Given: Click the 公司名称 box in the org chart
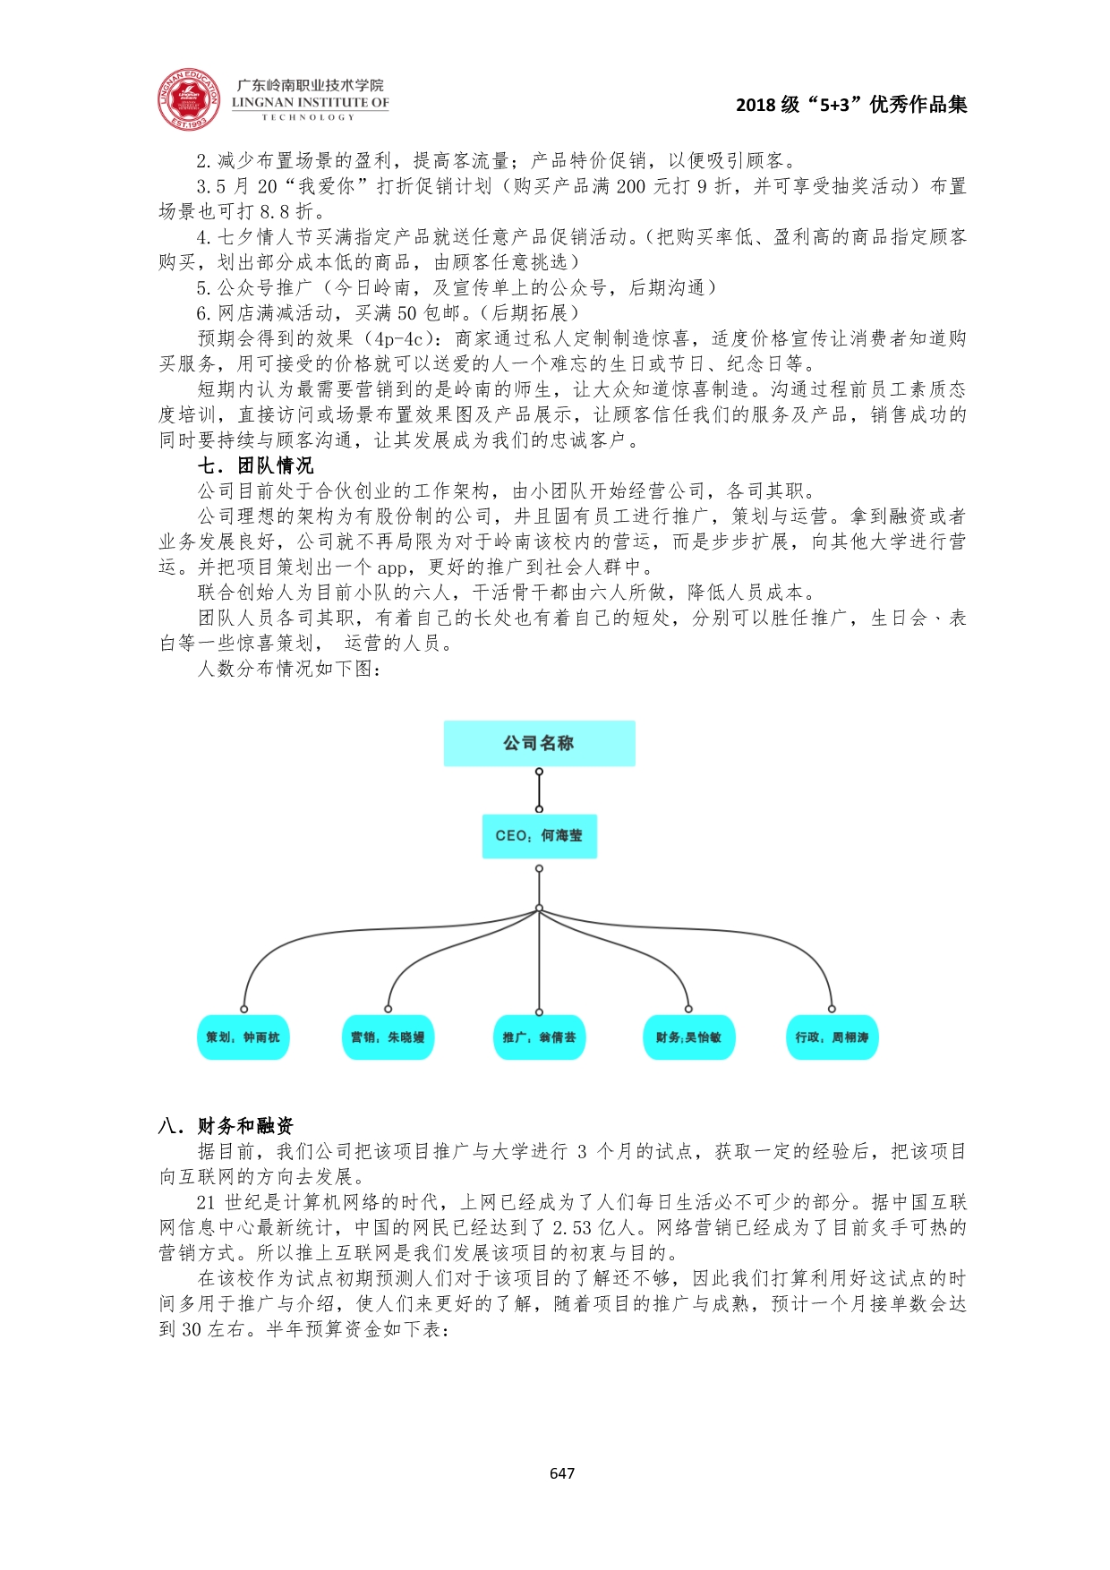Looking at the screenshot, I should (x=539, y=743).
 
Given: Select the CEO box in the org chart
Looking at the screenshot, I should (x=539, y=836).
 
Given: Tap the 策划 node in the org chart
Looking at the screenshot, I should (x=243, y=1037).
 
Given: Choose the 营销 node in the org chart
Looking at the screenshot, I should (x=388, y=1037).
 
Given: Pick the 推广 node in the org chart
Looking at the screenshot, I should (x=539, y=1037).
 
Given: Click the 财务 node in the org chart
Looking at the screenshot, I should (x=688, y=1037).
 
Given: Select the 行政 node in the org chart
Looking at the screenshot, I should (x=832, y=1037).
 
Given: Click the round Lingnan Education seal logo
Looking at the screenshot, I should (x=189, y=100).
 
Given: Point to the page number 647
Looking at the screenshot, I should (x=562, y=1472).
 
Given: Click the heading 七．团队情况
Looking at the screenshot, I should (x=256, y=465).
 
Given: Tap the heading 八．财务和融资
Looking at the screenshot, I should (x=226, y=1125).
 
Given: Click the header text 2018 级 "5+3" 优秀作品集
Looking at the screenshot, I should (x=850, y=105).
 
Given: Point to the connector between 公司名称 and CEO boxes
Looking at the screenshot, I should (x=539, y=790).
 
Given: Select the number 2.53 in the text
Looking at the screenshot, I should (x=573, y=1227).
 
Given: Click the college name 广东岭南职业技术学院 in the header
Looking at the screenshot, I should (x=310, y=85).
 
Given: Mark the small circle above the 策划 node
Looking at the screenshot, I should (x=243, y=1009).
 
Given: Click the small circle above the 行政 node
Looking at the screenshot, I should (x=832, y=1009).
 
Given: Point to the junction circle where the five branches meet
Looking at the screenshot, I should (x=539, y=909).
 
